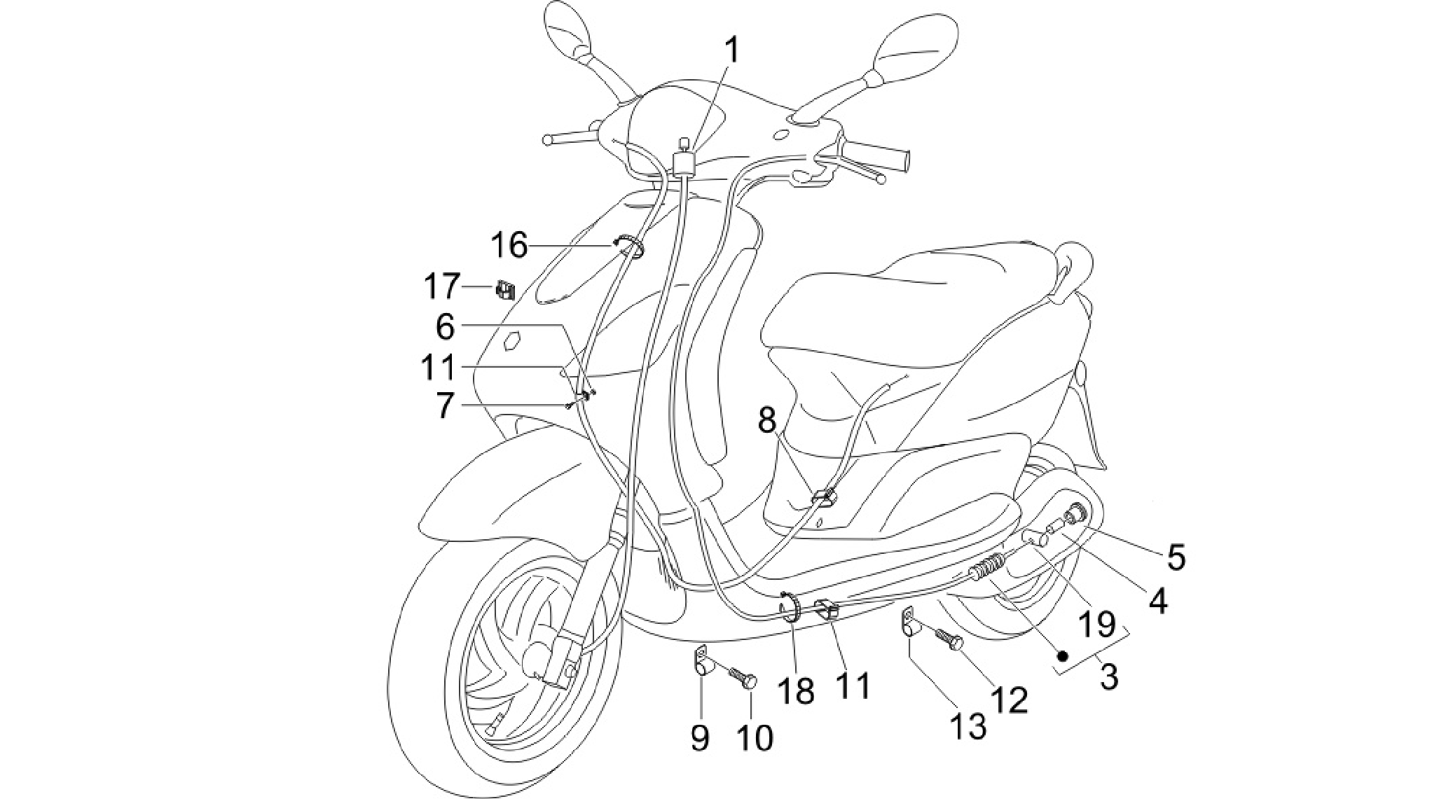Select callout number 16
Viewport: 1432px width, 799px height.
[x=509, y=246]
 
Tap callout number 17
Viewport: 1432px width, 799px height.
[x=442, y=287]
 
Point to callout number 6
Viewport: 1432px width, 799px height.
[x=445, y=327]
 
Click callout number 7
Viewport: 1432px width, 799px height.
[x=445, y=405]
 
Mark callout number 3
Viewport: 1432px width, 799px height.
[x=1108, y=676]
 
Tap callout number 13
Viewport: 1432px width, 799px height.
[x=968, y=726]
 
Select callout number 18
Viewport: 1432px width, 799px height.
[x=796, y=690]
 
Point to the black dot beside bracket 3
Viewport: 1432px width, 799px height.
[x=1063, y=655]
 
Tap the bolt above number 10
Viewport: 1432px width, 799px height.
[x=741, y=677]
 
